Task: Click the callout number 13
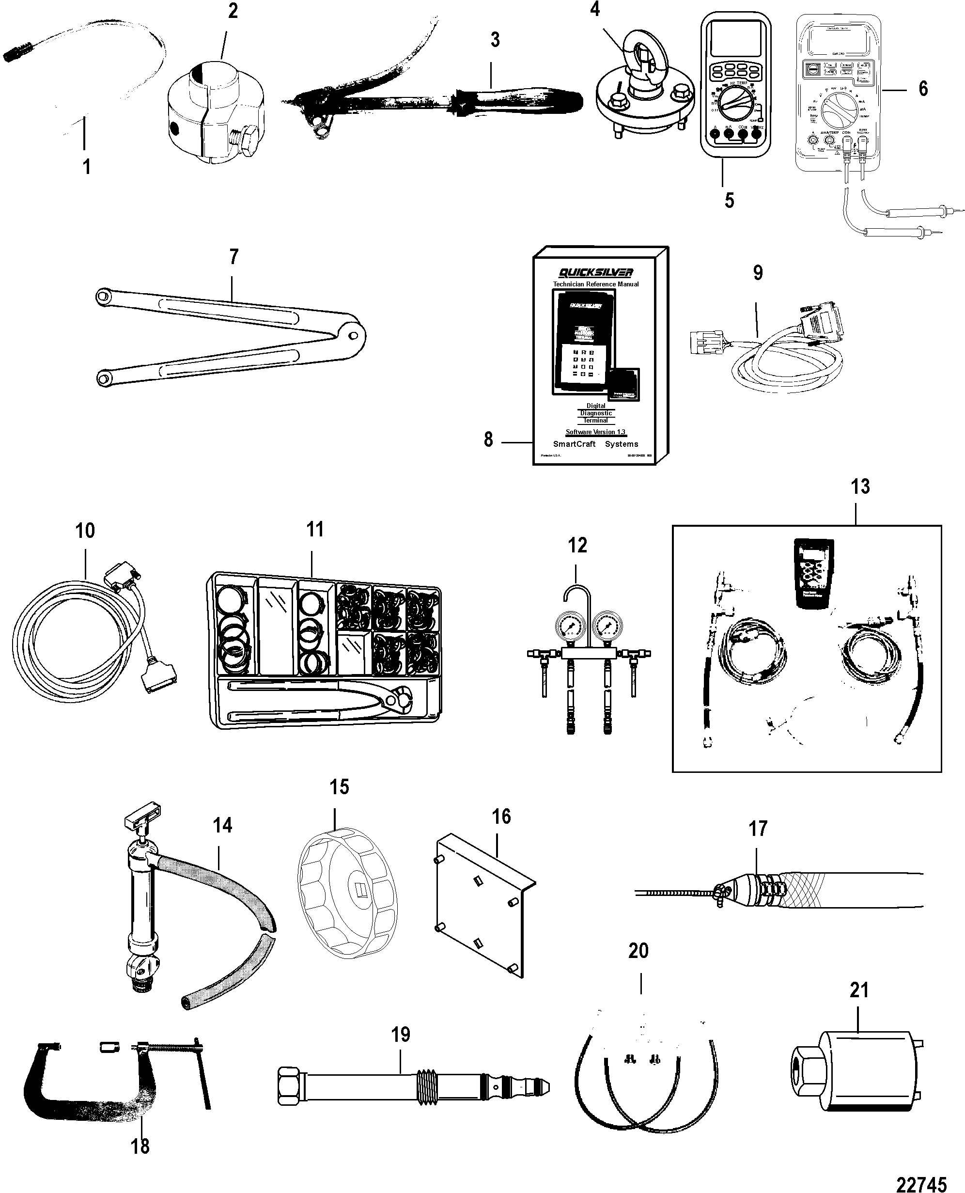click(860, 487)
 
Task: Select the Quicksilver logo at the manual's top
click(596, 272)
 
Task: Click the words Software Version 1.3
click(595, 432)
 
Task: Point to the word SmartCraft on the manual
click(574, 444)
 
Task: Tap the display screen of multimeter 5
click(733, 39)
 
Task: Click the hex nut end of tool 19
click(290, 1086)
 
